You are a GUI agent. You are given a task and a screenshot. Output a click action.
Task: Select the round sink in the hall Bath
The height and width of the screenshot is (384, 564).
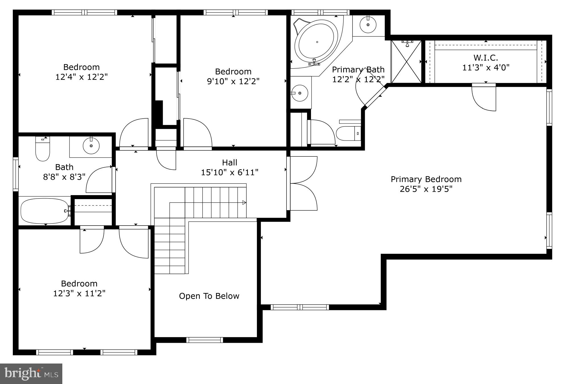[x=91, y=146]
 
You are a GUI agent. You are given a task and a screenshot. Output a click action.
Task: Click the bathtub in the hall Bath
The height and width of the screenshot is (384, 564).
[x=45, y=211]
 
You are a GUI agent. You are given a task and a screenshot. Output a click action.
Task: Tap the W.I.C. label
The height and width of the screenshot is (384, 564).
[x=485, y=58]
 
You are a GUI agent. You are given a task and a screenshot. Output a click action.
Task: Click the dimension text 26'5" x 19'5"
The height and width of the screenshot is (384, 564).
[x=426, y=189]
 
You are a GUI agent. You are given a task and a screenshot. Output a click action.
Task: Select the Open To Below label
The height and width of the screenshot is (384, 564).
[x=209, y=296]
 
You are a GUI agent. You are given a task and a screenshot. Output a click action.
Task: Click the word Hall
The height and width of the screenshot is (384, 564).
[x=229, y=163]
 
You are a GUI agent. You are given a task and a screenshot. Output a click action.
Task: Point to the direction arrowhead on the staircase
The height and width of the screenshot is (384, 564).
[x=244, y=203]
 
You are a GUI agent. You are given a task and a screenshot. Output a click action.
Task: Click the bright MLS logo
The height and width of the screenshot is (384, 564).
[x=31, y=373]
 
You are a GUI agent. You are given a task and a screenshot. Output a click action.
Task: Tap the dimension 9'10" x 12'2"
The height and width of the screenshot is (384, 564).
[x=233, y=81]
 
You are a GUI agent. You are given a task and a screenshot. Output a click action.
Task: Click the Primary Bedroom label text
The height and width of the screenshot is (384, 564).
[x=426, y=179]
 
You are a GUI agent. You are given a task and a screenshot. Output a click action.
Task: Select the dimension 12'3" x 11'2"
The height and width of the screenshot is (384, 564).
[x=79, y=293]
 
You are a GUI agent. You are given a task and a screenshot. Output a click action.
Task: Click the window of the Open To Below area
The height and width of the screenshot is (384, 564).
[x=205, y=340]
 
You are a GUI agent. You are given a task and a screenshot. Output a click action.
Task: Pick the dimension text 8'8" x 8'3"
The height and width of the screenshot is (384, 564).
[x=64, y=177]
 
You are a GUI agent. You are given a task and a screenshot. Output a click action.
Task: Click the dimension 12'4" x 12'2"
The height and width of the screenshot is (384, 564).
[x=81, y=77]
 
